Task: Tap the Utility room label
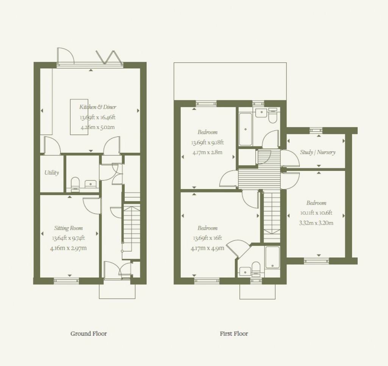52,173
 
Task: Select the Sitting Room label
68,228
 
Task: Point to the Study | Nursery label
318,152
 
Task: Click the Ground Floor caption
89,333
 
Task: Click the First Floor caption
234,333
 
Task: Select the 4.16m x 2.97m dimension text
69,248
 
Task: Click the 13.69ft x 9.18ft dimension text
207,143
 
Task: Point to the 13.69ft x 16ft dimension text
207,238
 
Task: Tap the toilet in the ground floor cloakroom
75,183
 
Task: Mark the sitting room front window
66,281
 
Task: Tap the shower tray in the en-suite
272,257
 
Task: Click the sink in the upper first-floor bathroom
261,112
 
